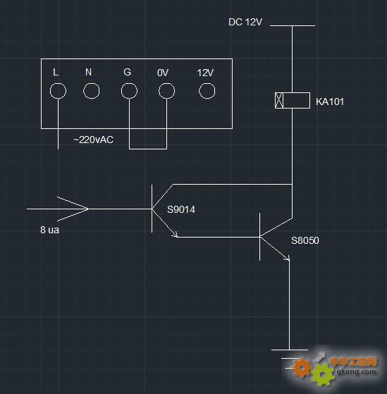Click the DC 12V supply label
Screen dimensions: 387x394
245,22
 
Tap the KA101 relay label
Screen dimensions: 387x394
329,101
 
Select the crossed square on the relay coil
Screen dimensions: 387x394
279,101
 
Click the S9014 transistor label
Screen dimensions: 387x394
181,209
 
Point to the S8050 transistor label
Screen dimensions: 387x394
305,240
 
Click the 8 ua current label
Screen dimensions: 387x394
50,230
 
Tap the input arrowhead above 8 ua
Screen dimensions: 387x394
73,209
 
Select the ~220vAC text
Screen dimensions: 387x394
93,140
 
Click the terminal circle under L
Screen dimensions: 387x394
58,83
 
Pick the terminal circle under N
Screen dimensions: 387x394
91,83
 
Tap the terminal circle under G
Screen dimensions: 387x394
129,83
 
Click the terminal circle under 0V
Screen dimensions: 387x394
166,83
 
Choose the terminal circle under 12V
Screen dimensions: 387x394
207,83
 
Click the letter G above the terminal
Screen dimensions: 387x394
127,72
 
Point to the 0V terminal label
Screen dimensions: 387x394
163,73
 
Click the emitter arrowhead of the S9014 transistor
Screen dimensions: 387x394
175,235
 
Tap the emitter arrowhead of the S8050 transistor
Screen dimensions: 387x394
286,258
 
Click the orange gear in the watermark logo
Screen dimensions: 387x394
302,367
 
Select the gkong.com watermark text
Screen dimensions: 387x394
357,371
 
